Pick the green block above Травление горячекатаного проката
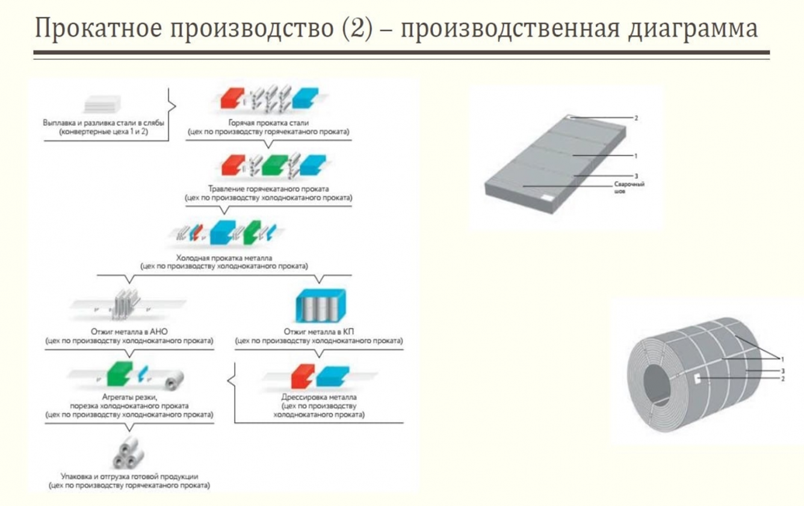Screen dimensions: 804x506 pyautogui.click(x=274, y=163)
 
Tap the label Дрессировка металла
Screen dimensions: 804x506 pyautogui.click(x=319, y=398)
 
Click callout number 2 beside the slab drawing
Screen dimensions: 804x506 pyautogui.click(x=636, y=118)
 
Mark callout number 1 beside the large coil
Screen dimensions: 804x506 pyautogui.click(x=783, y=358)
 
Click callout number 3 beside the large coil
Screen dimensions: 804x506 pyautogui.click(x=782, y=371)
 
